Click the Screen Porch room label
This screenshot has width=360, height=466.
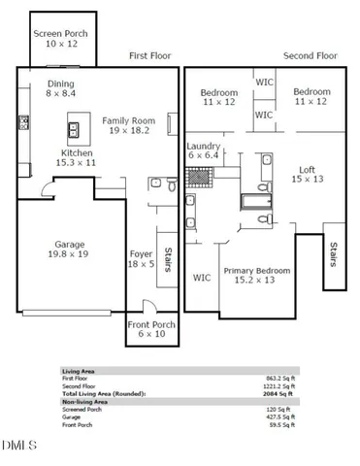[61, 39]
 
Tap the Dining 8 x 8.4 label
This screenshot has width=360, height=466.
[61, 89]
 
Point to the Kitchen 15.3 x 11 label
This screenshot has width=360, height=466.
[78, 158]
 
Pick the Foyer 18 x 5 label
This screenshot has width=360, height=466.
[142, 258]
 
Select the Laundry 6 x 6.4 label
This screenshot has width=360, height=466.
[205, 150]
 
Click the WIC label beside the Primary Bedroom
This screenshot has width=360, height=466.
[202, 278]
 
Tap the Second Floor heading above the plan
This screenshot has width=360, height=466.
[309, 56]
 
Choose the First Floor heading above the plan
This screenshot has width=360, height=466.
[150, 56]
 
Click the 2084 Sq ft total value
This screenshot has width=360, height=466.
[282, 393]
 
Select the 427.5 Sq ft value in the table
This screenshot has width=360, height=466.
[281, 416]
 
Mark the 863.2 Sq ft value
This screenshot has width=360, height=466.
[281, 378]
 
